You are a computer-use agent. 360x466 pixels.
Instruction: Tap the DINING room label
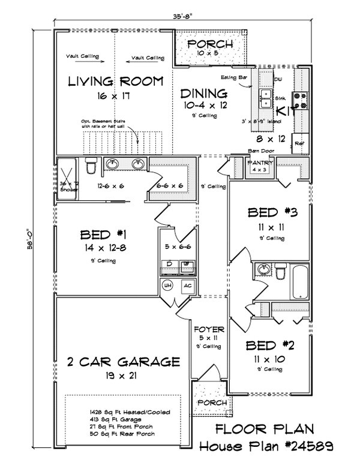204,94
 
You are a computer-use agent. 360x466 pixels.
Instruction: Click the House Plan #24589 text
267,446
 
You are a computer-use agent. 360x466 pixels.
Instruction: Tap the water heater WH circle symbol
167,285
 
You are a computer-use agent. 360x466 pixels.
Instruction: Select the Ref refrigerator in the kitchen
299,144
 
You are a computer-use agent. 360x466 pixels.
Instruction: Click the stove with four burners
300,100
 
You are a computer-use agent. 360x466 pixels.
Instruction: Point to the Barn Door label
259,151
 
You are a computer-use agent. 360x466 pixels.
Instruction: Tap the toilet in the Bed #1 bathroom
90,164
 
